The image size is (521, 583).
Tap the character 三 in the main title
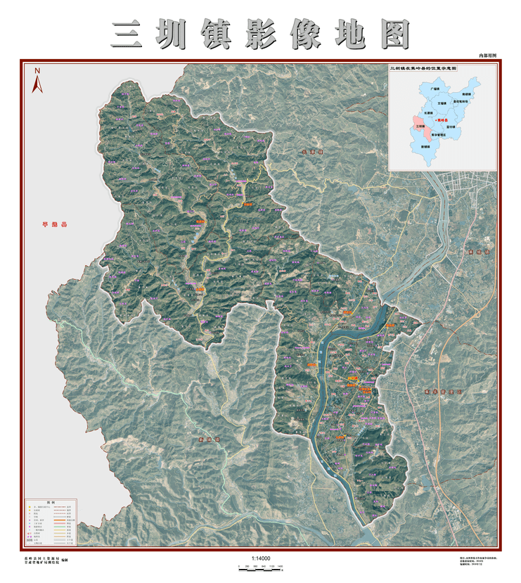click(x=127, y=34)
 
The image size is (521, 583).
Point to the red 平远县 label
click(x=54, y=225)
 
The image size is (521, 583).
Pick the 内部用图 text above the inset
click(x=487, y=55)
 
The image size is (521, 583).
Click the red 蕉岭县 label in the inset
click(x=439, y=120)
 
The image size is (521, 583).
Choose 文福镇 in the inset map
click(x=442, y=103)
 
